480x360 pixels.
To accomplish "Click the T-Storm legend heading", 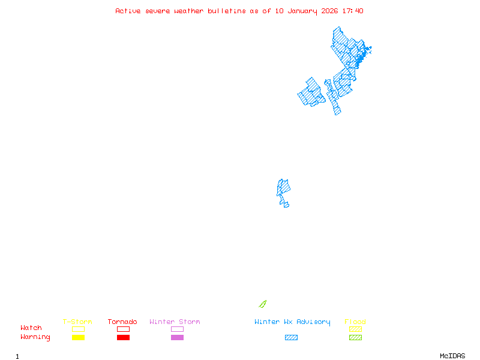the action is coord(77,322).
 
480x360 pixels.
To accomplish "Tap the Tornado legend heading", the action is coord(122,322).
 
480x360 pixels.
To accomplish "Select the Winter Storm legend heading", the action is coord(175,322).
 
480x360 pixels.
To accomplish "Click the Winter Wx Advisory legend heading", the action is coord(292,322).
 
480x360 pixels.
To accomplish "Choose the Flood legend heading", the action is coord(355,322).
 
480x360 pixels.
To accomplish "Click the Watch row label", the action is coord(31,328).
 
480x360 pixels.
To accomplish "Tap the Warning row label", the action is coord(35,337).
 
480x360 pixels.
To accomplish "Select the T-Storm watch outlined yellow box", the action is coord(78,329).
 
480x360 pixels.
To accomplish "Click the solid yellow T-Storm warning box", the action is coord(78,337).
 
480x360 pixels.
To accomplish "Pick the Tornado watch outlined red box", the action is coord(123,329).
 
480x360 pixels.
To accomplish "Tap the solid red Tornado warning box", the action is coord(123,337).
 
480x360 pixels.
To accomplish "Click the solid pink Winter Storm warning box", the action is coord(177,337).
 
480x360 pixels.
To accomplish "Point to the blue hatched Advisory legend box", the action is coord(291,337).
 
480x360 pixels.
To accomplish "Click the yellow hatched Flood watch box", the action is coord(355,329).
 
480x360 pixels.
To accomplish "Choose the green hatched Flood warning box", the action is coord(355,337).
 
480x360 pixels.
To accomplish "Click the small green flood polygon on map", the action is coord(262,304).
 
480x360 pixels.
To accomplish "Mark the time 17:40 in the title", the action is coord(354,11).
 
